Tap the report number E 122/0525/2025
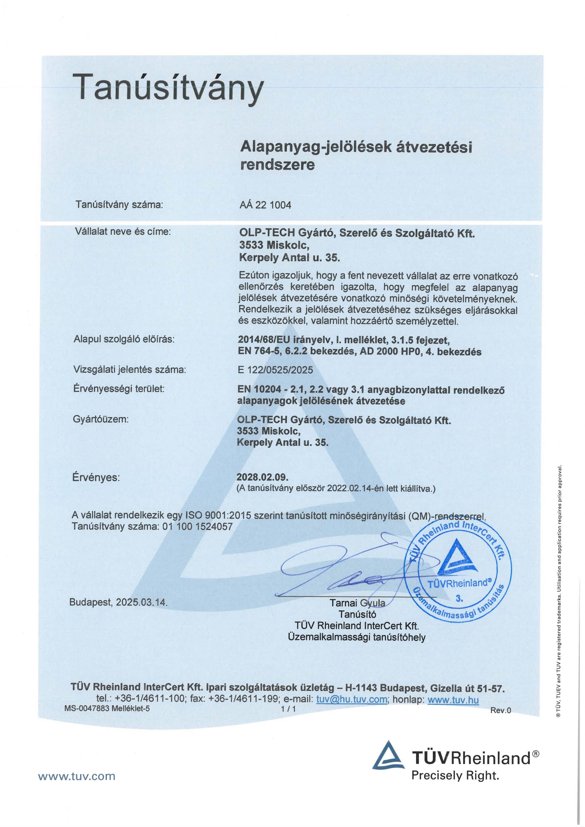pyautogui.click(x=275, y=370)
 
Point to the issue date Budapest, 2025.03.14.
pyautogui.click(x=119, y=602)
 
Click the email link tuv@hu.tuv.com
pyautogui.click(x=351, y=699)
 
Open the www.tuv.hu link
pyautogui.click(x=453, y=699)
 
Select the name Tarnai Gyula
pyautogui.click(x=357, y=602)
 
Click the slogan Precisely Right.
pyautogui.click(x=455, y=776)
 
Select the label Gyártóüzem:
pyautogui.click(x=100, y=419)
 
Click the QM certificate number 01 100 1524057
pyautogui.click(x=197, y=527)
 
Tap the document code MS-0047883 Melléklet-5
pyautogui.click(x=107, y=708)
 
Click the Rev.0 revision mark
pyautogui.click(x=500, y=710)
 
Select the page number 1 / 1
pyautogui.click(x=288, y=709)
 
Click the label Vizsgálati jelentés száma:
pyautogui.click(x=130, y=370)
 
